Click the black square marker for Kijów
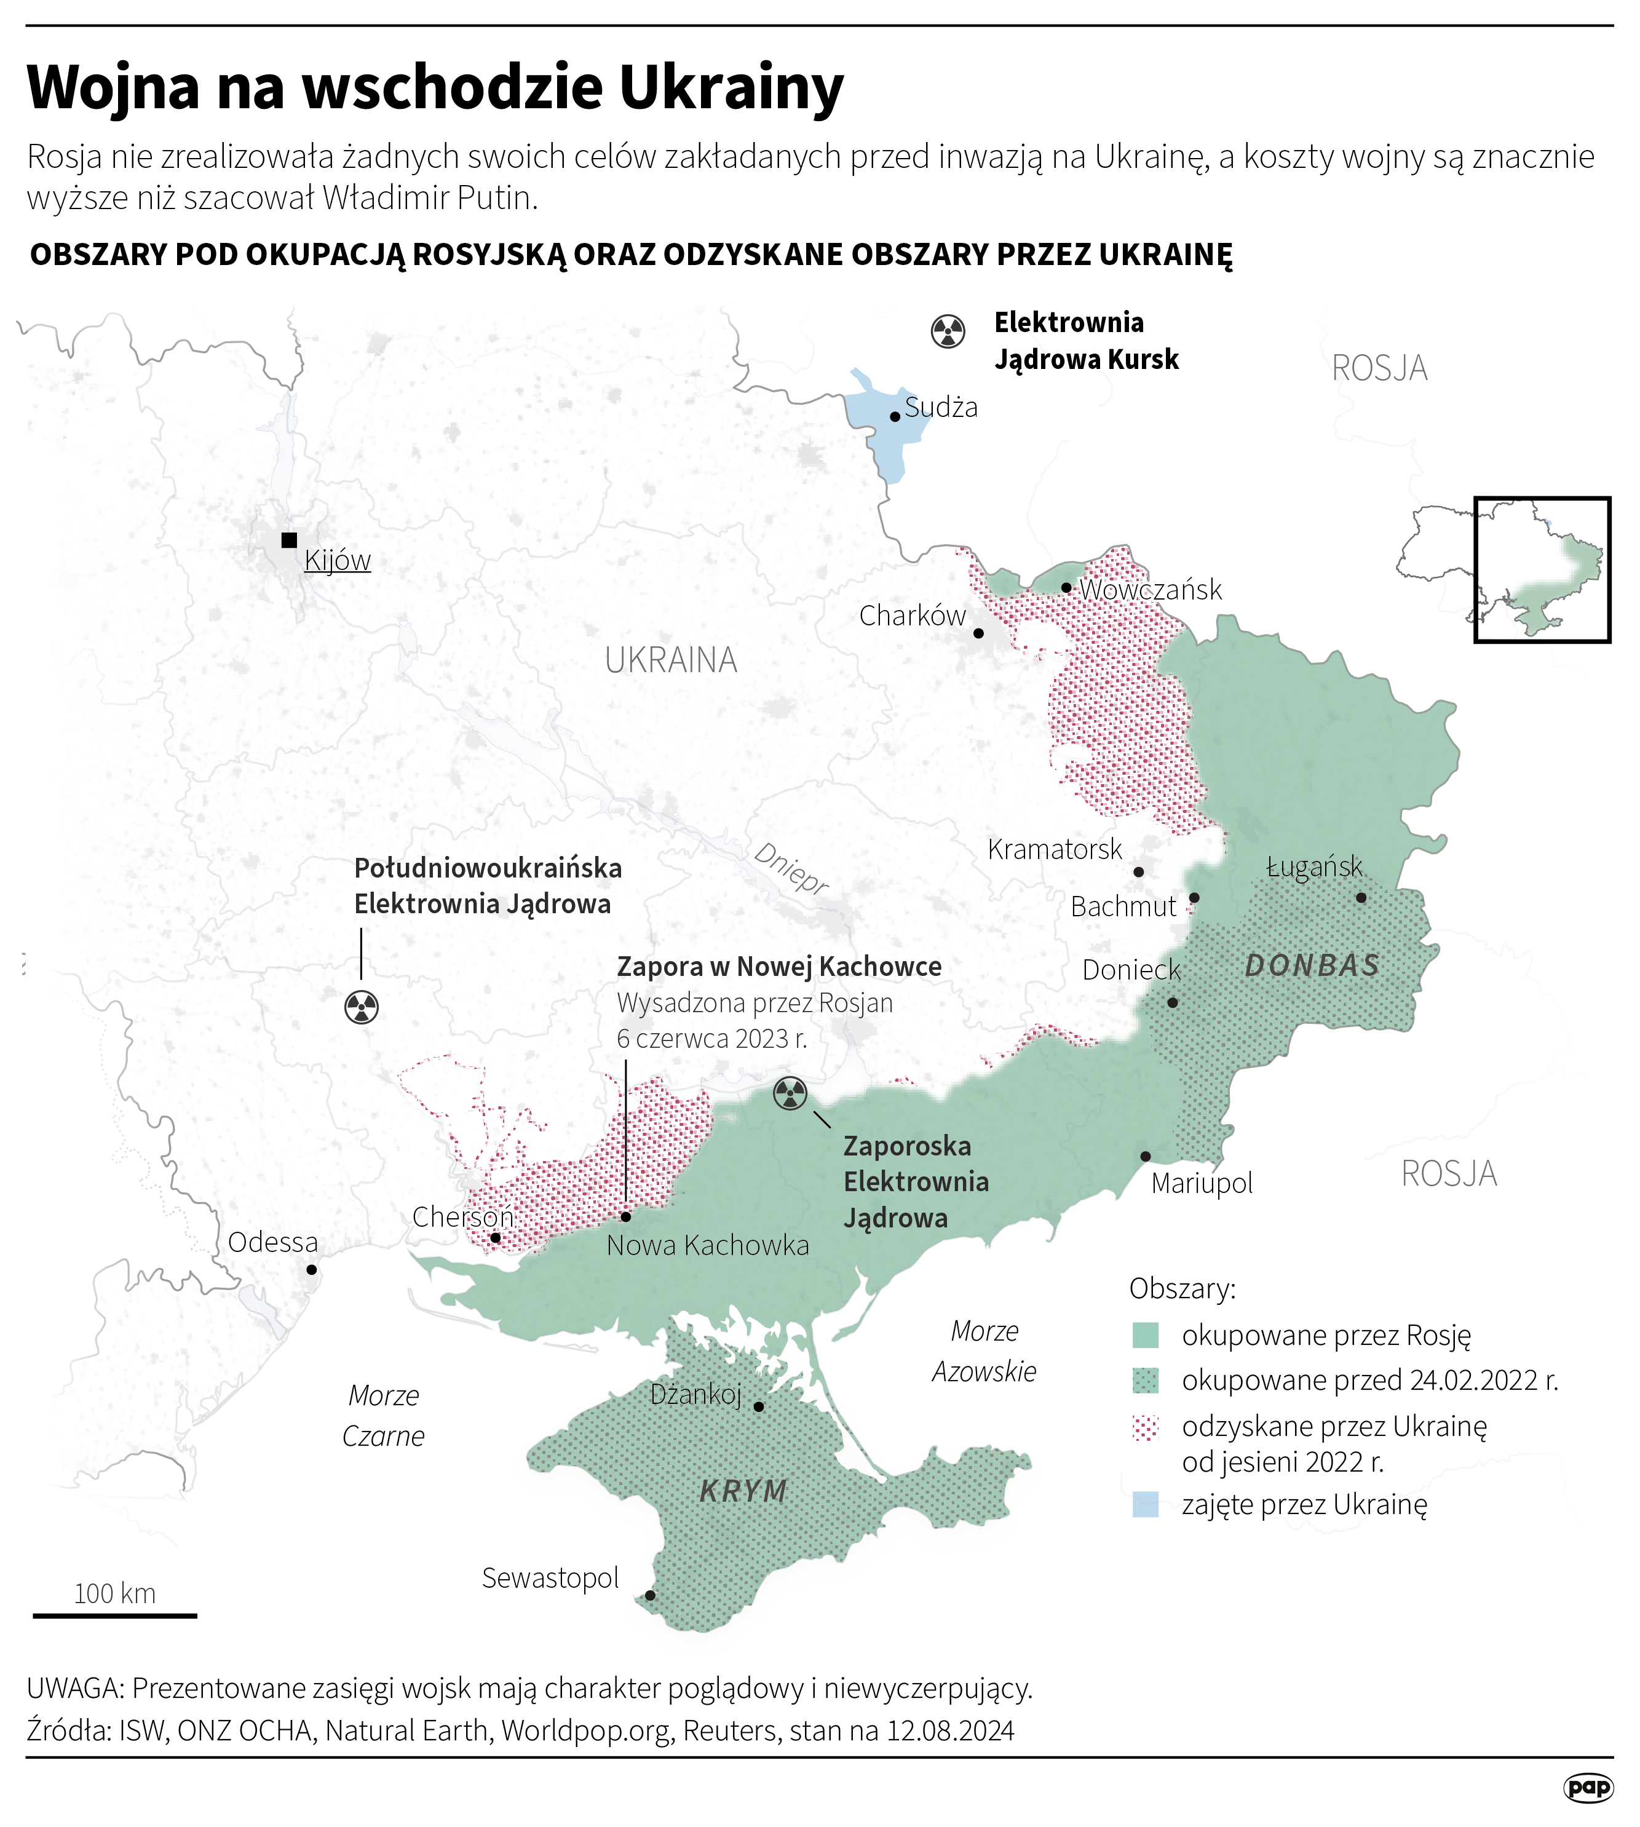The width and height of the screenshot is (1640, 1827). click(289, 541)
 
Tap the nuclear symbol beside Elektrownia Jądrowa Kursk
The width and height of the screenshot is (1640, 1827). click(948, 331)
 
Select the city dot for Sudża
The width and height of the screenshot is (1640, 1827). click(895, 417)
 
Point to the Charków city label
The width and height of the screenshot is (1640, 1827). click(912, 616)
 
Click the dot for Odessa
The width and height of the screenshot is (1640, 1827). click(311, 1269)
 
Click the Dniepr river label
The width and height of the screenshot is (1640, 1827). click(790, 868)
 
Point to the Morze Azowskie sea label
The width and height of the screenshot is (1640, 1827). click(984, 1351)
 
